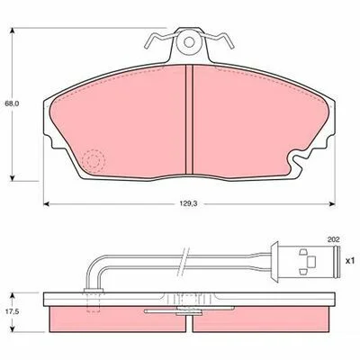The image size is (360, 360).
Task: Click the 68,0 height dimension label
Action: click(12, 103)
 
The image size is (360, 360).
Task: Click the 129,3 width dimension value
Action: click(188, 203)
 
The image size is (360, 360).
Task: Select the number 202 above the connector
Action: click(333, 239)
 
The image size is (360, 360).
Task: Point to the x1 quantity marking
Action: click(350, 261)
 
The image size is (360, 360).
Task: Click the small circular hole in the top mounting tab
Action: click(189, 42)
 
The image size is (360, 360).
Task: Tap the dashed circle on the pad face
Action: click(94, 161)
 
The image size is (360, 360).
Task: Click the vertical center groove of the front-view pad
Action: click(189, 120)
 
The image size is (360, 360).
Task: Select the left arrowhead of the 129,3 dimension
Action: click(46, 204)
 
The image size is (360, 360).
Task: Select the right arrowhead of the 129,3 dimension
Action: click(332, 204)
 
